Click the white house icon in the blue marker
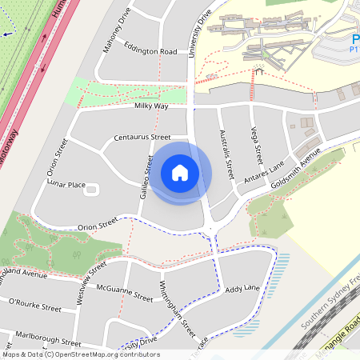(x=180, y=173)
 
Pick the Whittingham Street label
(x=178, y=307)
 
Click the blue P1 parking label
(x=353, y=47)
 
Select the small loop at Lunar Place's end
(x=90, y=190)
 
